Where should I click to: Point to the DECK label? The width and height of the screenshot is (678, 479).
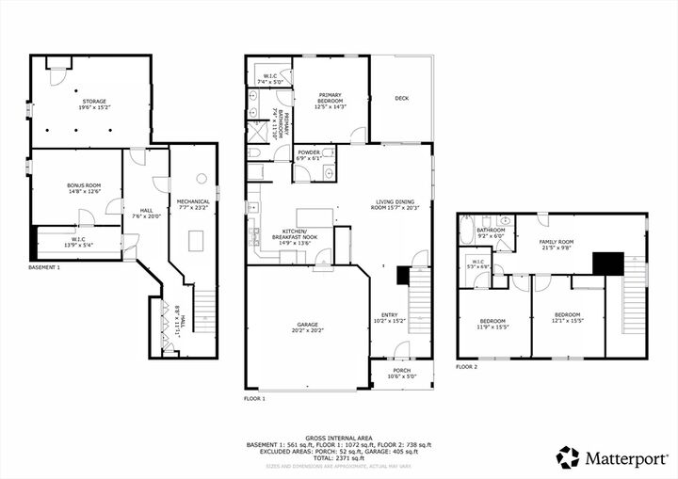tap(401, 98)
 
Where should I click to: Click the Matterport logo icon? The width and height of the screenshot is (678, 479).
tap(567, 457)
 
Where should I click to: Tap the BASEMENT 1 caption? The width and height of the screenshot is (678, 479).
tap(44, 268)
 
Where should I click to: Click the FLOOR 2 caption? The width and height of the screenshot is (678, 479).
tap(468, 366)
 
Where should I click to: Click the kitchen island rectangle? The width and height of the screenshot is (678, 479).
tap(315, 217)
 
